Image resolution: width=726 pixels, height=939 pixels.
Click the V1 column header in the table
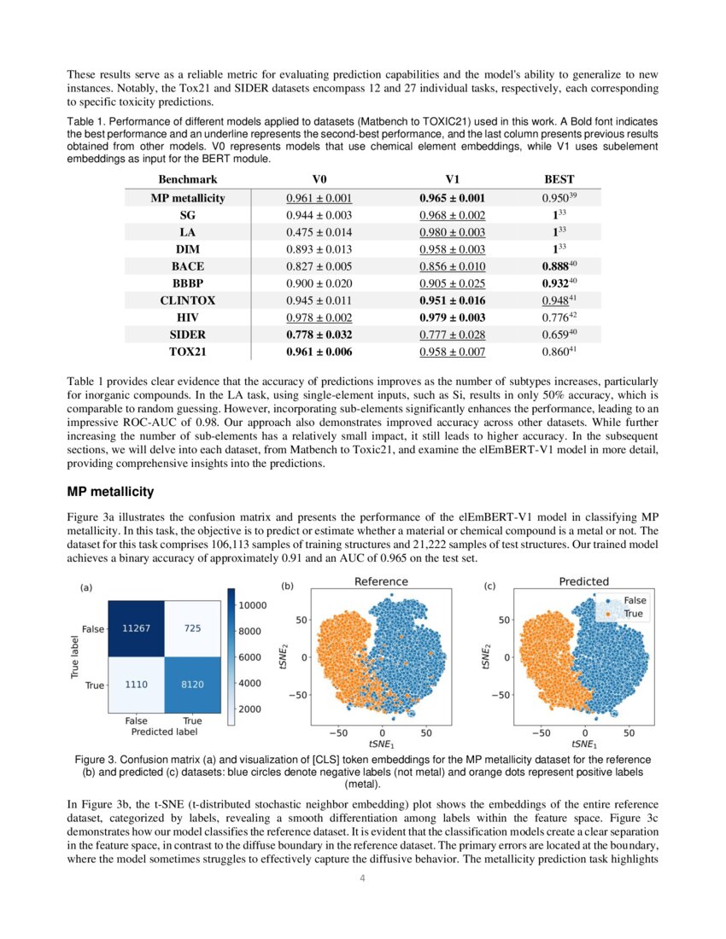click(x=452, y=179)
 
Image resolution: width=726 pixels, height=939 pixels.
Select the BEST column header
click(x=559, y=179)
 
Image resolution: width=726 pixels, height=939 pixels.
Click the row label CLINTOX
click(x=187, y=300)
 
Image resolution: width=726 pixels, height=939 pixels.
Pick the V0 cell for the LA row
click(x=319, y=232)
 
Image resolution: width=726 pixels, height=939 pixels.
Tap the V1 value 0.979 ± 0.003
click(x=452, y=318)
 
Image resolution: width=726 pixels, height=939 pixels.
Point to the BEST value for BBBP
click(x=559, y=283)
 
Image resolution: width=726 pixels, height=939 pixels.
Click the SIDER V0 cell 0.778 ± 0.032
click(x=319, y=335)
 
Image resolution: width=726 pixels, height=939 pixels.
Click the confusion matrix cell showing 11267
click(x=137, y=628)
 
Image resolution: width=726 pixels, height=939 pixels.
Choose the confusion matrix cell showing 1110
click(x=137, y=685)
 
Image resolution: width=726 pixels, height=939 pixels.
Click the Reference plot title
click(x=381, y=581)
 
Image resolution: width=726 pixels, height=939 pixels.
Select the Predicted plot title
click(x=583, y=581)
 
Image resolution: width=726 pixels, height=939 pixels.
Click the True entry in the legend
click(x=634, y=614)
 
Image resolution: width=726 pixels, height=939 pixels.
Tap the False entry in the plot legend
click(x=635, y=600)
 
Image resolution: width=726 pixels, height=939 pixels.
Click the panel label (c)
click(x=489, y=586)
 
